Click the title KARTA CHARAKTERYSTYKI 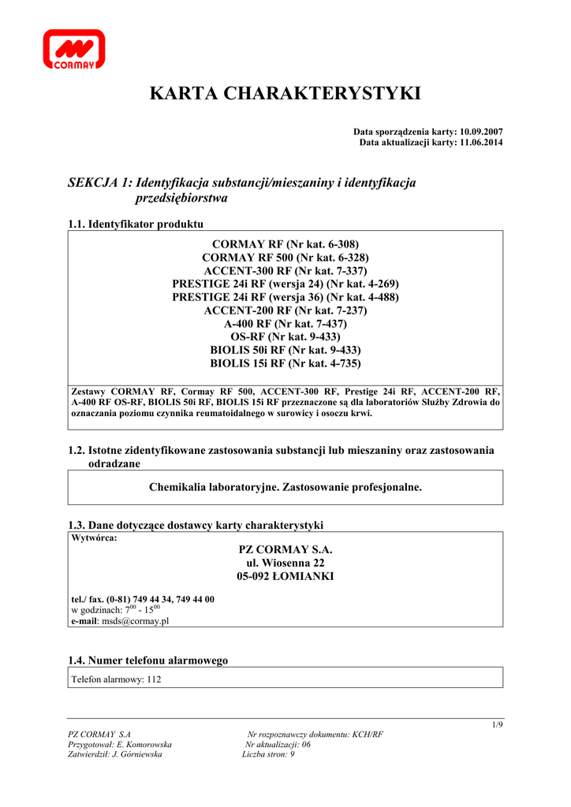[x=285, y=95]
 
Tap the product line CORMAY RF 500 [x=285, y=258]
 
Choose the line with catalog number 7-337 [x=285, y=270]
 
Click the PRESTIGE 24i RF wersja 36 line [x=285, y=297]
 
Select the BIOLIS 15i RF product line [x=285, y=363]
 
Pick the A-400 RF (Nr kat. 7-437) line [x=285, y=324]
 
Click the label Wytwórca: [x=94, y=538]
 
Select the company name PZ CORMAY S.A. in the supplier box [x=285, y=549]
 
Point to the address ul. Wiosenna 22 [x=285, y=563]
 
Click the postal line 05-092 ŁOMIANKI [x=285, y=577]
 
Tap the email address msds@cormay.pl [x=135, y=621]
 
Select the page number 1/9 [x=497, y=724]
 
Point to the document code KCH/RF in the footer [x=368, y=734]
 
